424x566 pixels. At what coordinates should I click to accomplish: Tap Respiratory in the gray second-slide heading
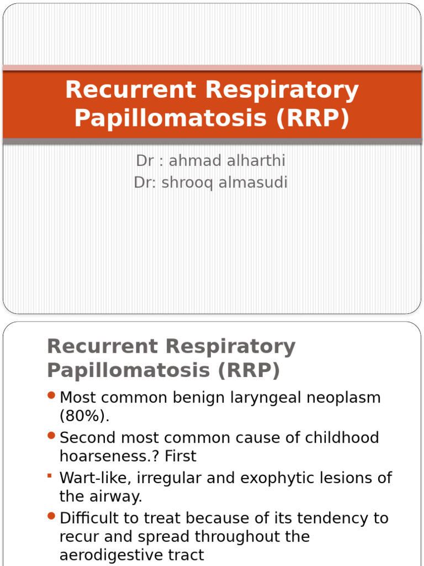(x=231, y=347)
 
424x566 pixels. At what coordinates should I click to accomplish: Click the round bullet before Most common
(x=52, y=395)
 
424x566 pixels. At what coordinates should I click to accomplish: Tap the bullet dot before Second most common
(x=52, y=436)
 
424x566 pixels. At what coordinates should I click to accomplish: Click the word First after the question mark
(x=181, y=456)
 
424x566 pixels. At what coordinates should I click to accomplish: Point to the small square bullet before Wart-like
(x=50, y=475)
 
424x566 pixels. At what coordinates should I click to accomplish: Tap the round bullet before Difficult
(x=52, y=516)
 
